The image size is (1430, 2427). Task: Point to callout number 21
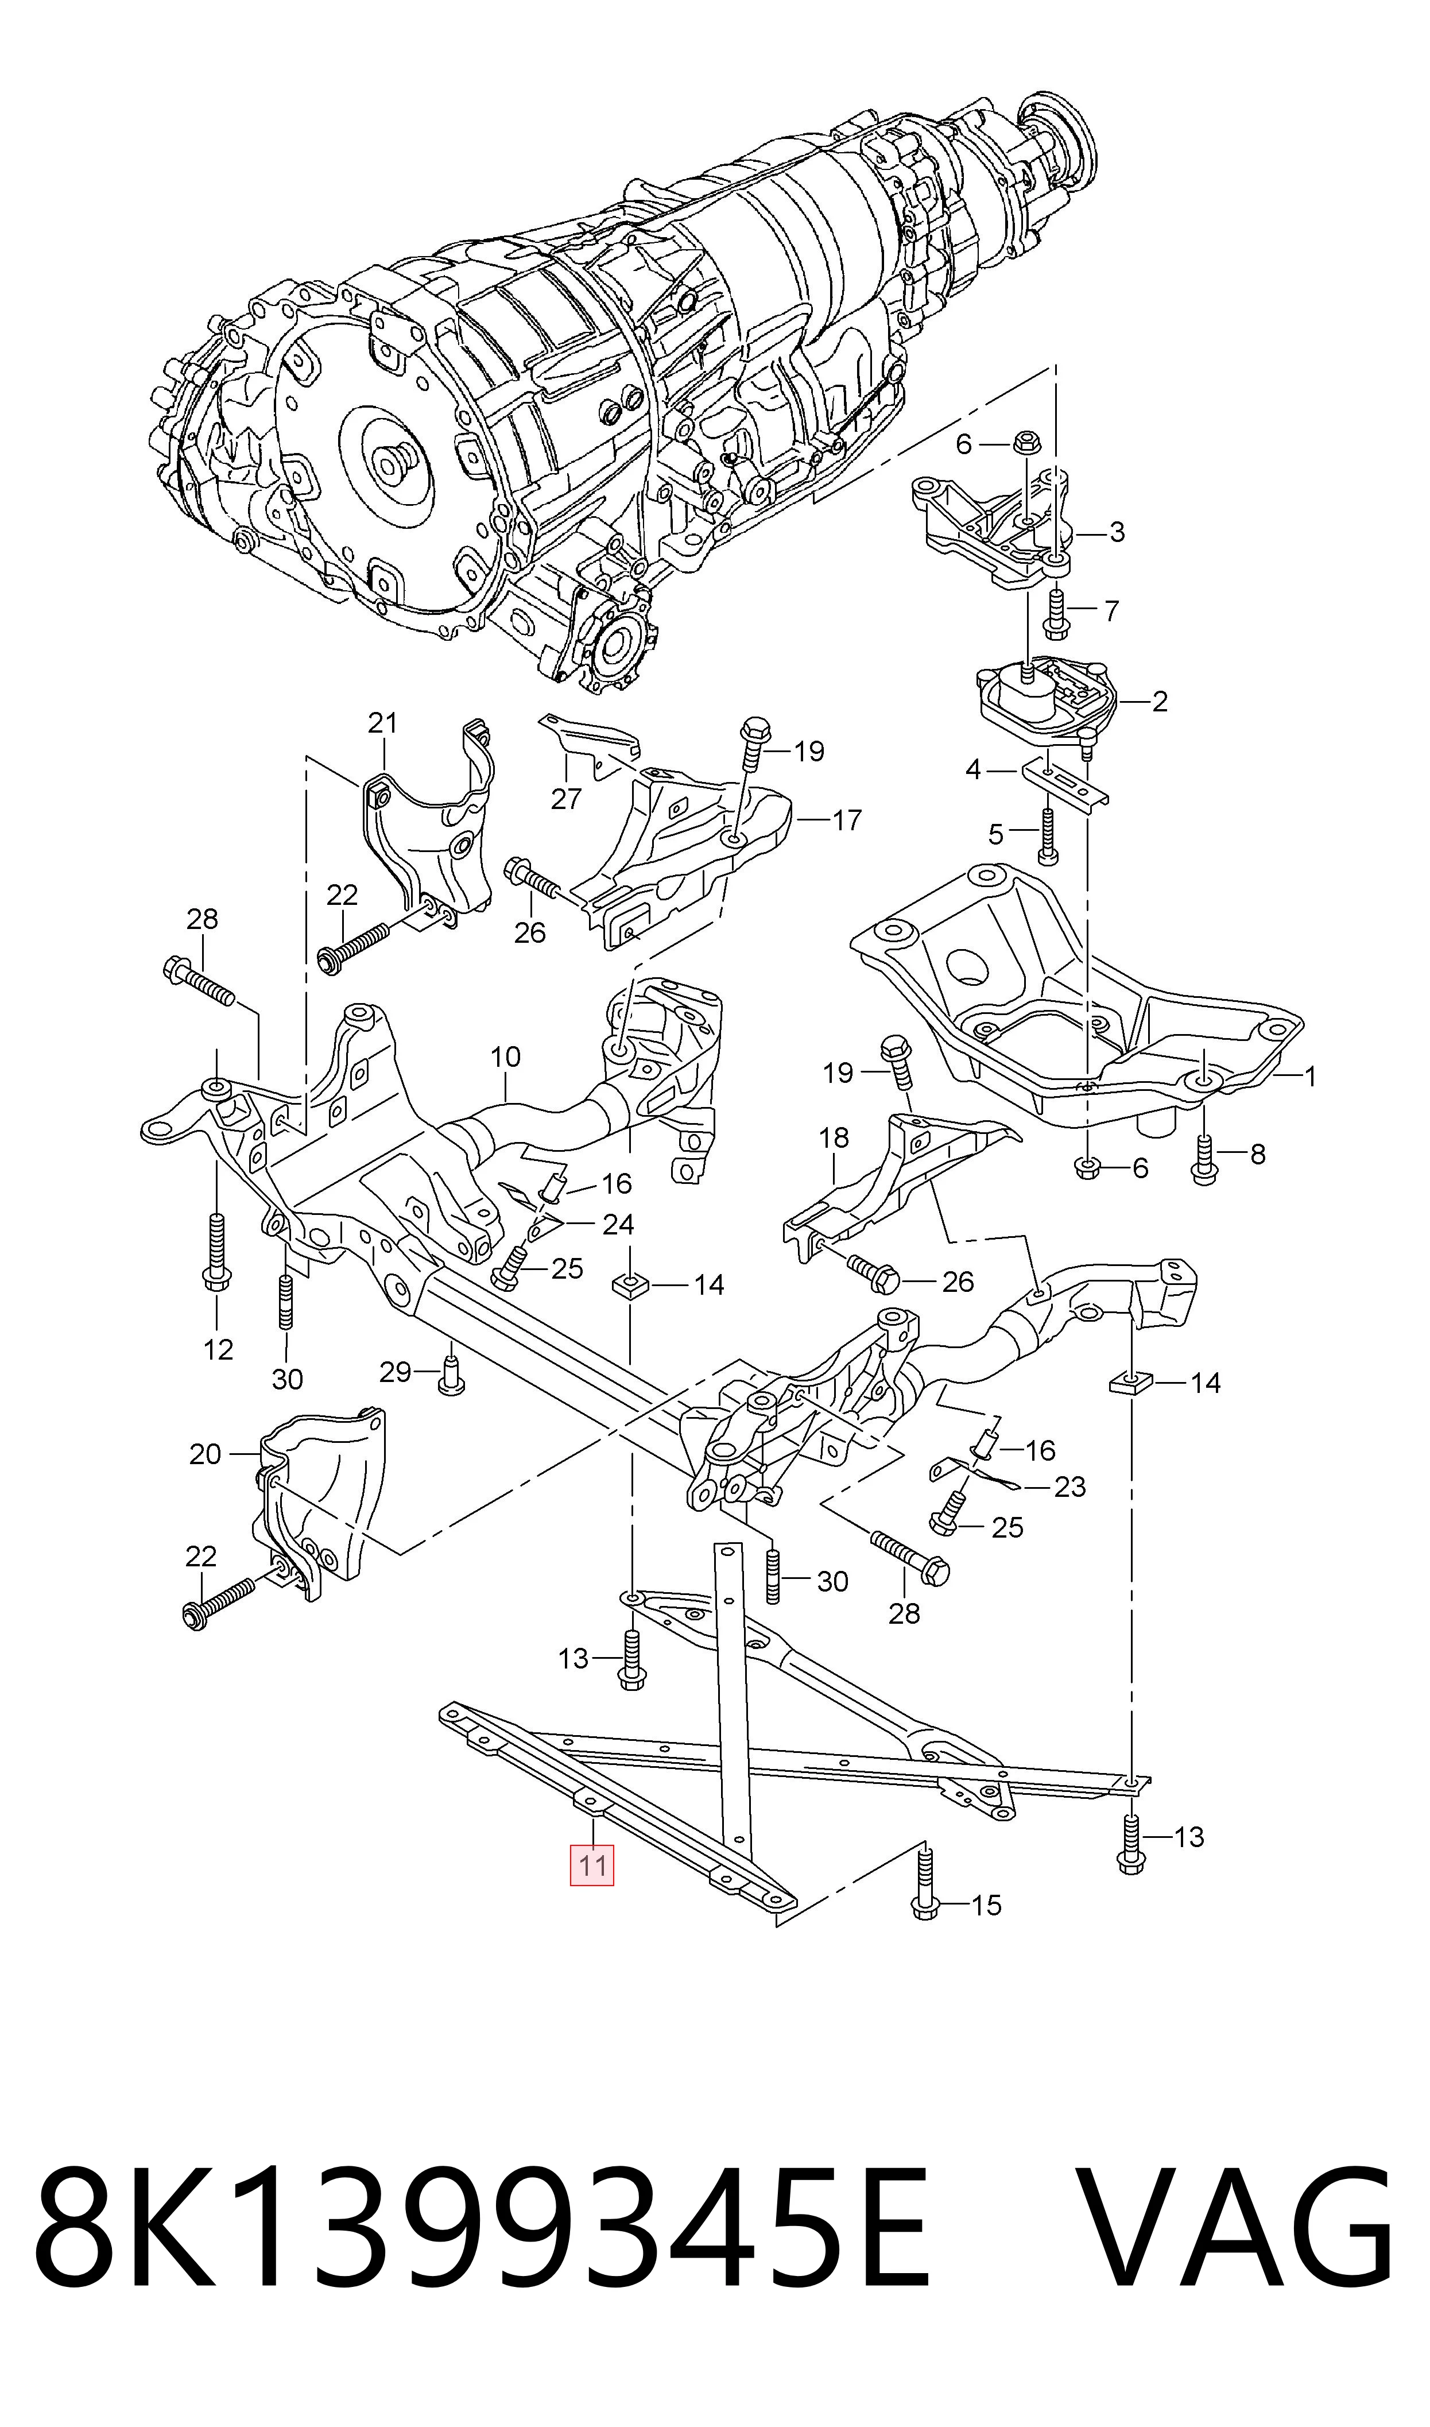tap(382, 723)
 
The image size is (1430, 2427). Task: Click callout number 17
tap(846, 820)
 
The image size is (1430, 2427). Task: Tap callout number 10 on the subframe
tap(505, 1057)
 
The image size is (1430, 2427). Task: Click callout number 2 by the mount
tap(1159, 702)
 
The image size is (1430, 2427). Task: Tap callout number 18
tap(834, 1138)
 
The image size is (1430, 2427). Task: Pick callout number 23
tap(1069, 1487)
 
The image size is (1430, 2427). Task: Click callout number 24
tap(618, 1225)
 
